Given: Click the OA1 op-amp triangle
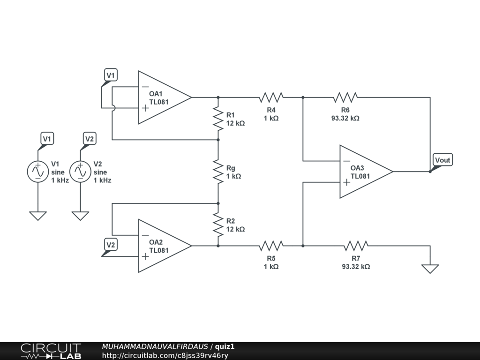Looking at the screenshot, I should pos(162,97).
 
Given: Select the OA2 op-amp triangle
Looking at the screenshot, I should pos(162,246).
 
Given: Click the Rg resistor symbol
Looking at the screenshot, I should pos(218,171).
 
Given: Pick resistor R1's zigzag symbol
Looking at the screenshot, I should pos(218,118).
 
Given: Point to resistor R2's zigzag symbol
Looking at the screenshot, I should pos(218,224).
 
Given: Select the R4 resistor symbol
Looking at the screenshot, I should pos(271,97).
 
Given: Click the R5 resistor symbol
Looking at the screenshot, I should pos(271,246).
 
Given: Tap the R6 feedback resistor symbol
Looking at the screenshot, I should pos(345,97).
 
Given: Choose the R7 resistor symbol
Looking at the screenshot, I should pos(356,246).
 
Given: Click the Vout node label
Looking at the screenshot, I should pos(442,160).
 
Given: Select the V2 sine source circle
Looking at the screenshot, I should pos(80,172).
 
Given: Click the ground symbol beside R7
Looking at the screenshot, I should pos(430,268).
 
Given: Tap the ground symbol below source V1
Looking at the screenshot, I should pos(37,216).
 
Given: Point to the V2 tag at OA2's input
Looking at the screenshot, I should pos(110,245).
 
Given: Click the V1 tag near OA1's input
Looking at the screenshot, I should pos(110,75).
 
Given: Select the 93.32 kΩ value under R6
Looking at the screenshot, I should pos(345,119).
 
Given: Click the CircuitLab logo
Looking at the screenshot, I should pos(51,351).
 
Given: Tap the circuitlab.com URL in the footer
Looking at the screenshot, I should pos(165,355).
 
